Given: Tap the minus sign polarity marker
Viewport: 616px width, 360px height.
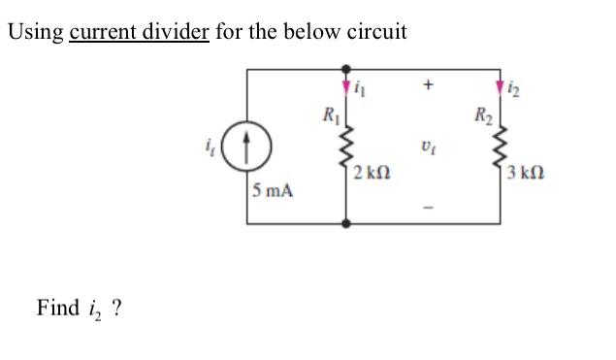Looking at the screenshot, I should (x=425, y=206).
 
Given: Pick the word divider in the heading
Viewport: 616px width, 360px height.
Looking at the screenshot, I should (x=177, y=31).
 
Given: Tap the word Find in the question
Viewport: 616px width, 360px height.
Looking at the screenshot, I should (x=57, y=309).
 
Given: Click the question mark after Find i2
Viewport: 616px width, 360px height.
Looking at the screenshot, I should (x=116, y=309).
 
